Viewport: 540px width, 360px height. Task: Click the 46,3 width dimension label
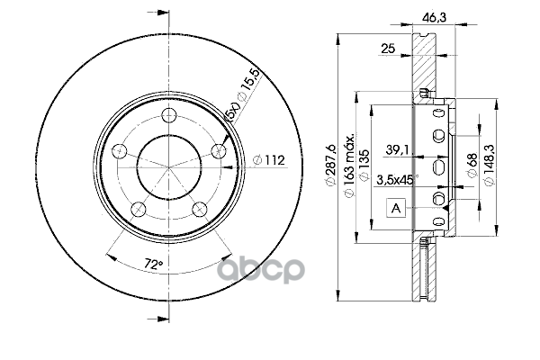point(434,17)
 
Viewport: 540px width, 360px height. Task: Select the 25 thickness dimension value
point(388,49)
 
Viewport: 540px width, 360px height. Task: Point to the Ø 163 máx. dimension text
point(349,165)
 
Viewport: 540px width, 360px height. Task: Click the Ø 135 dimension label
point(364,165)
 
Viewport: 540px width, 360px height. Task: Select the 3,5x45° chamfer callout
point(397,180)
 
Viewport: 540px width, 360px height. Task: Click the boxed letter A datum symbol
point(396,208)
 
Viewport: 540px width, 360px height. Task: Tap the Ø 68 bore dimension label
point(472,165)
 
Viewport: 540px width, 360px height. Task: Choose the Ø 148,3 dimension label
point(490,165)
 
